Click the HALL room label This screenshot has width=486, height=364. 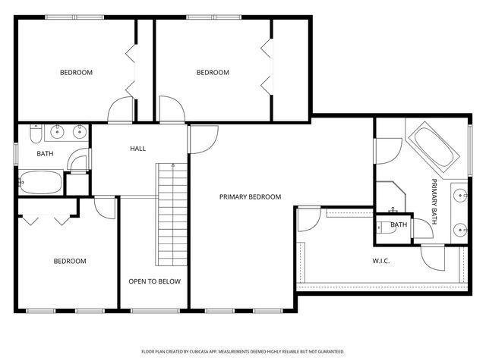137,149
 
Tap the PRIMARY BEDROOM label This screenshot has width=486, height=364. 250,197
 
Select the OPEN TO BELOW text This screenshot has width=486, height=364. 155,281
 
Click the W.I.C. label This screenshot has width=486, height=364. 381,261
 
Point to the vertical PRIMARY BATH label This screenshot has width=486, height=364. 434,202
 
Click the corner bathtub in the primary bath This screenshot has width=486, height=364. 434,147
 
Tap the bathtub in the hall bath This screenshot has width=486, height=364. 40,182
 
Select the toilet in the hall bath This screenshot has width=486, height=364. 36,133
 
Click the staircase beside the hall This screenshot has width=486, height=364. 172,215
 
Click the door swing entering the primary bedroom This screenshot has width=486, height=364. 204,140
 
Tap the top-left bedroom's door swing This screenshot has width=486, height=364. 121,109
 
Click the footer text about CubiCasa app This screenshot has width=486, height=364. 243,352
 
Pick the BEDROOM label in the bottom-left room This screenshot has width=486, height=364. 70,261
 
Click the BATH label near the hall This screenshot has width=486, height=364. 45,153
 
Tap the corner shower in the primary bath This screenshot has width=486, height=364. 391,197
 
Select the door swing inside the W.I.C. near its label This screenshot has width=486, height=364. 433,258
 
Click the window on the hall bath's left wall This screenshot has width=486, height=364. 16,154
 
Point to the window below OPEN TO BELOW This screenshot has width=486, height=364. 155,311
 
